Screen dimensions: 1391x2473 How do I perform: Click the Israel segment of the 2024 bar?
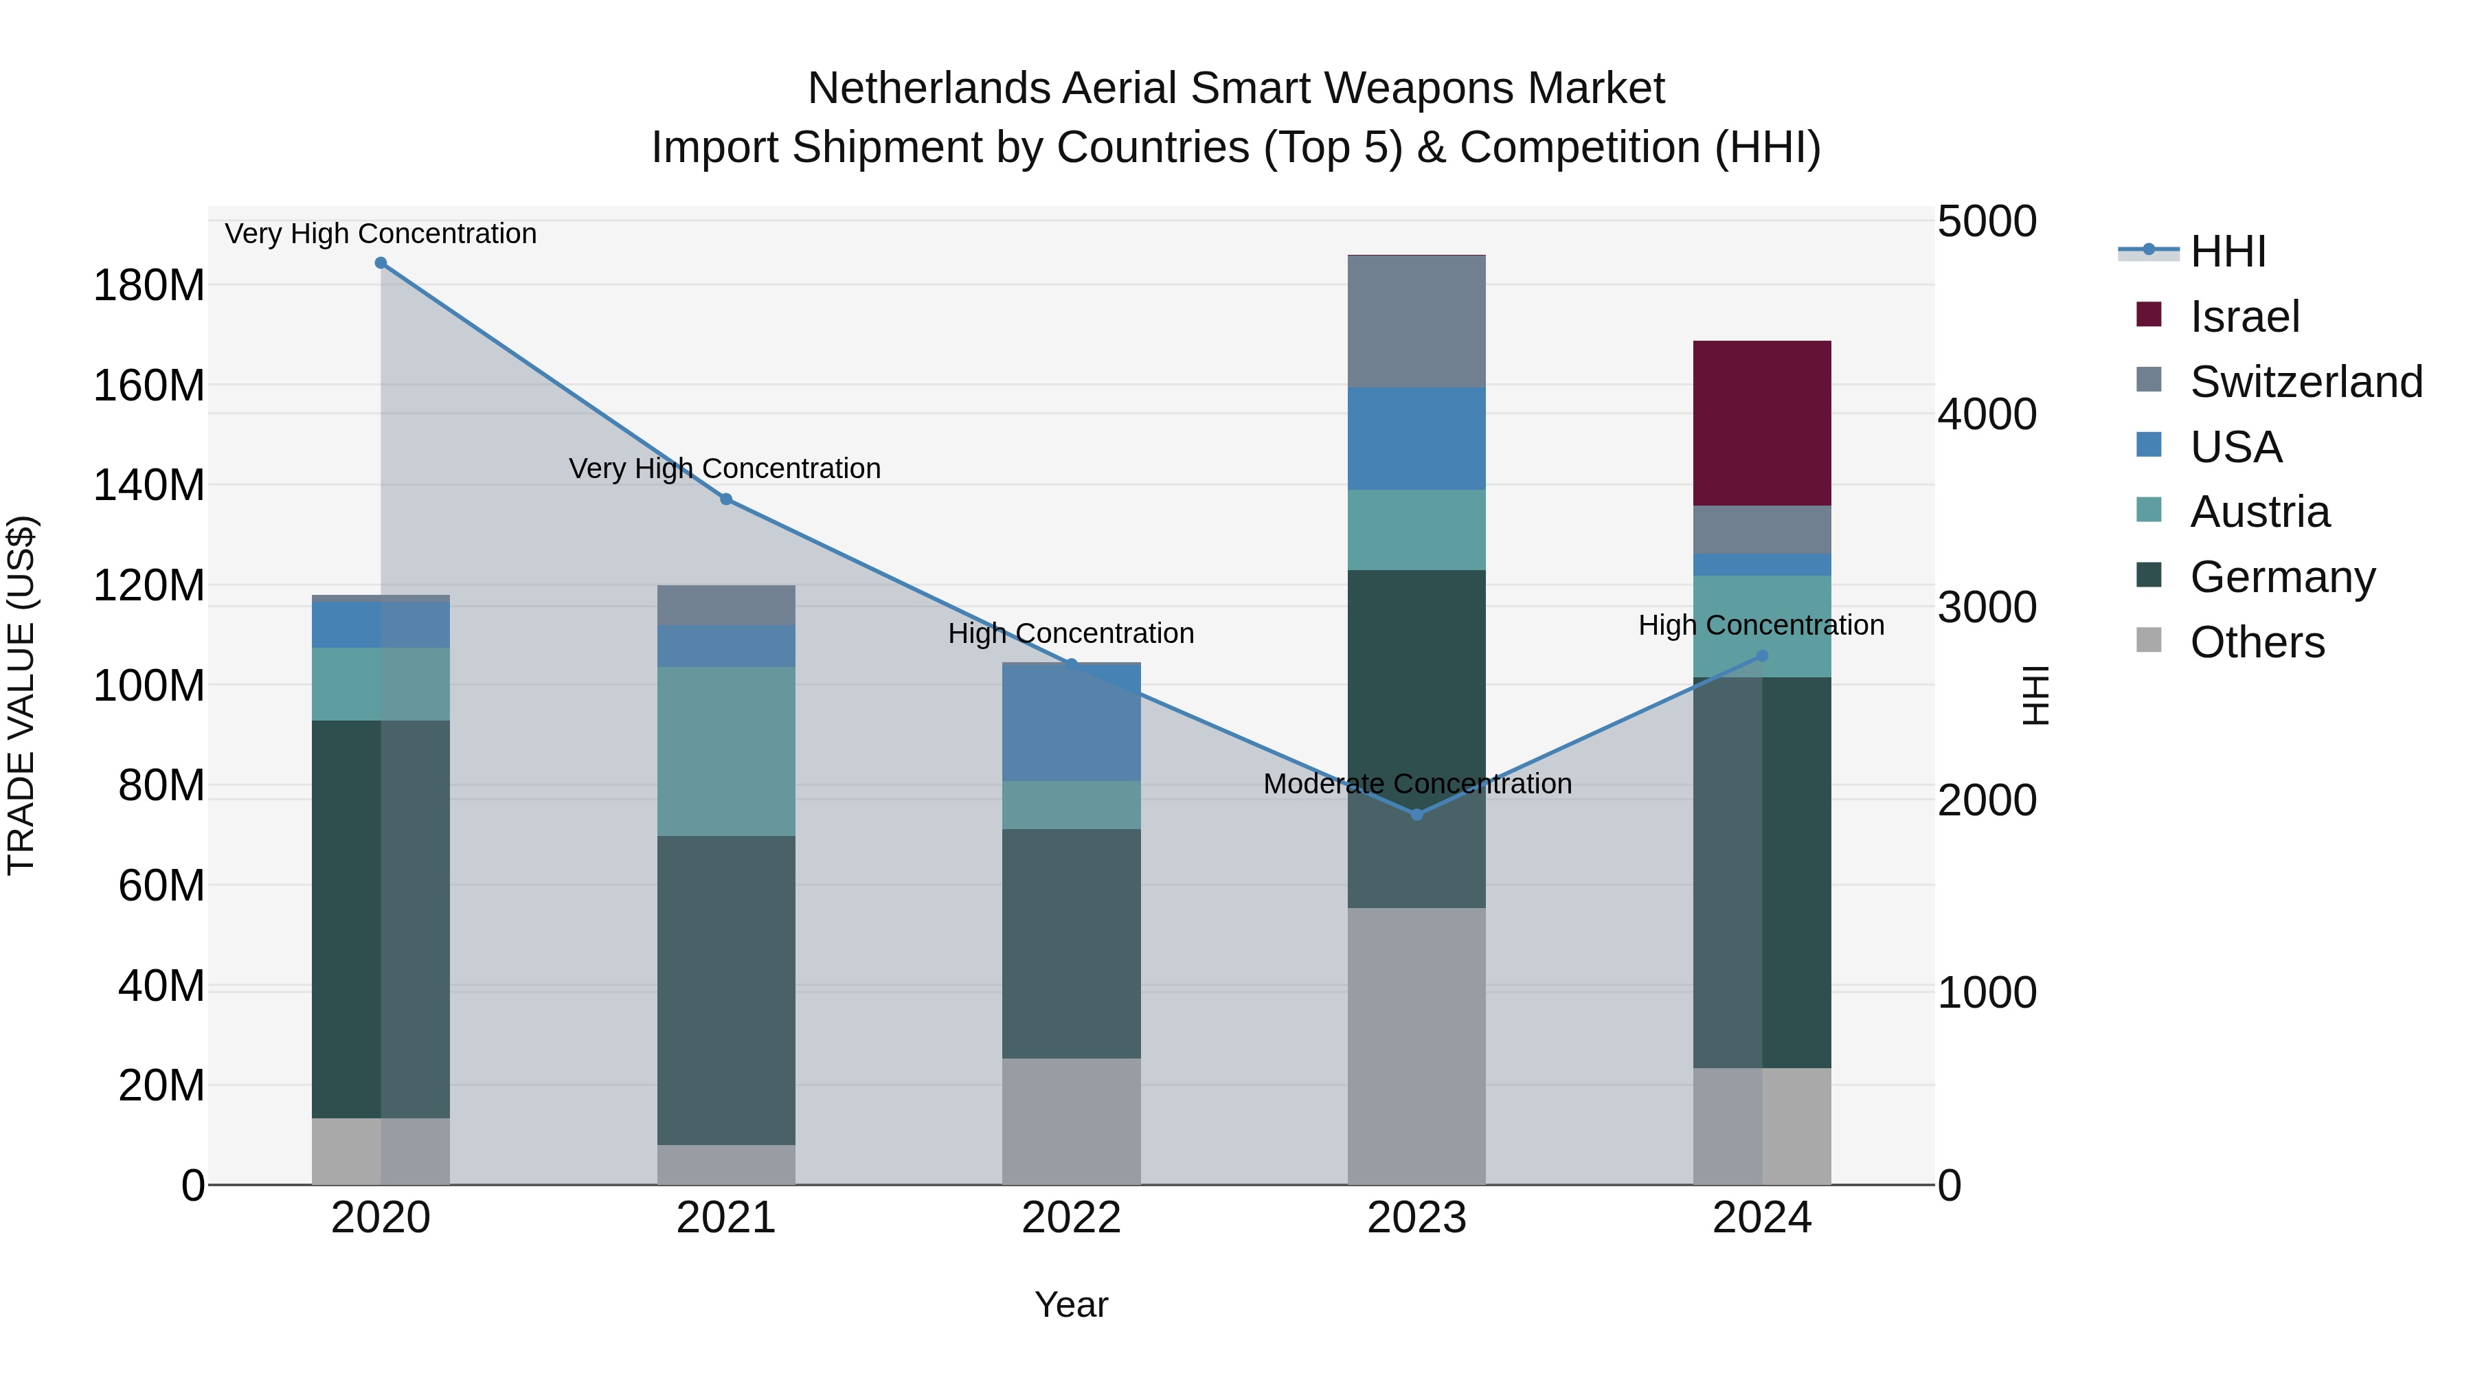click(x=1761, y=422)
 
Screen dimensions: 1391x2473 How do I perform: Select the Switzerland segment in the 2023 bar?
click(x=1416, y=321)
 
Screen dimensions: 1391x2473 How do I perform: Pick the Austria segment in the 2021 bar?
click(x=726, y=751)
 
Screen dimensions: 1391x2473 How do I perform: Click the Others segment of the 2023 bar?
click(x=1416, y=1045)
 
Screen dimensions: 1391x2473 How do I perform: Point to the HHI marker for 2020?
click(x=381, y=263)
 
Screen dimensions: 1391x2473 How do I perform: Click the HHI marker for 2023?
click(x=1416, y=814)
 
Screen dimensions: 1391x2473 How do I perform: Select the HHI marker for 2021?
click(x=726, y=499)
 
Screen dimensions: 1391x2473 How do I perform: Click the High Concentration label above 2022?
click(x=1070, y=633)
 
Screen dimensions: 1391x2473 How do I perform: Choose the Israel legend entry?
click(x=2244, y=317)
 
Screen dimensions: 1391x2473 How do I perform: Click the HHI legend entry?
click(x=2227, y=251)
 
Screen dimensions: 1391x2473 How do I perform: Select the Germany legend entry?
click(x=2282, y=577)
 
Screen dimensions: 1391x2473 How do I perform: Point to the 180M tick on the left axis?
click(x=149, y=286)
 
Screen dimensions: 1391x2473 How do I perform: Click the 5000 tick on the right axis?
click(x=1986, y=222)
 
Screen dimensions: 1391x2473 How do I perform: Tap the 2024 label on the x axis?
click(x=1761, y=1218)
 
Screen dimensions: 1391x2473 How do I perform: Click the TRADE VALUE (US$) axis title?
click(x=21, y=695)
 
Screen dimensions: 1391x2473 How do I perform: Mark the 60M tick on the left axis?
click(x=161, y=885)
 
